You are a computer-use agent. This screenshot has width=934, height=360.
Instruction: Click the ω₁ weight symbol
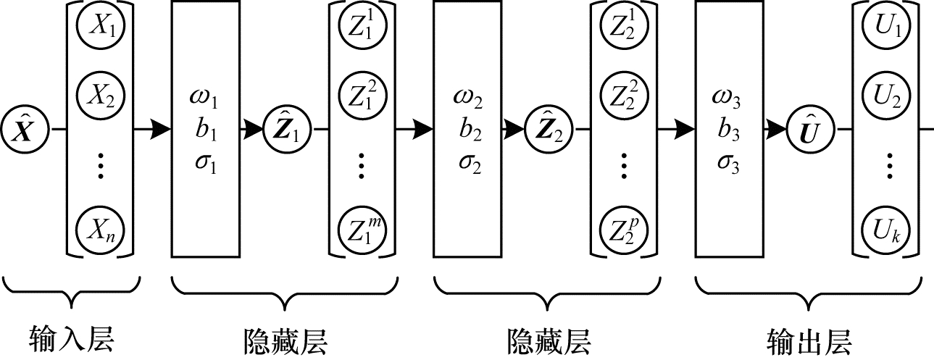(205, 99)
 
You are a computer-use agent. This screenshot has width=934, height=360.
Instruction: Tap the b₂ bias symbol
(467, 131)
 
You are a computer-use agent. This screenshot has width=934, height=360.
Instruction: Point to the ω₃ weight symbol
(728, 99)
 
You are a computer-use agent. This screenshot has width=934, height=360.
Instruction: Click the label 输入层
(72, 338)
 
